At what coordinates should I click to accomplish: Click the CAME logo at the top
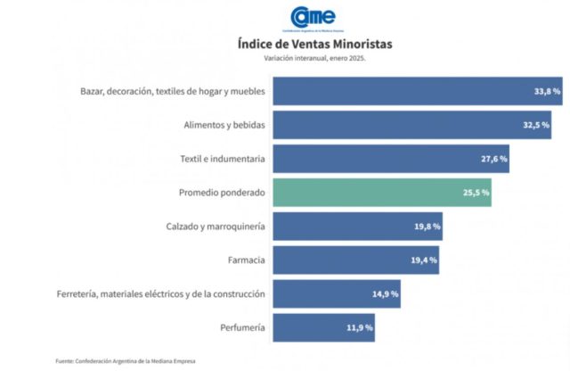pyautogui.click(x=313, y=17)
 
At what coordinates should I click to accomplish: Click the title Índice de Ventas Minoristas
pyautogui.click(x=314, y=43)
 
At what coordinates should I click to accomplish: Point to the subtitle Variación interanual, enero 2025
pyautogui.click(x=314, y=59)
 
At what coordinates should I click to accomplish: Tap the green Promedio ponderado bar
pyautogui.click(x=382, y=193)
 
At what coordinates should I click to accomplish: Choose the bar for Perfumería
pyautogui.click(x=324, y=327)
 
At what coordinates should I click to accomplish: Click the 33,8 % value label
pyautogui.click(x=547, y=92)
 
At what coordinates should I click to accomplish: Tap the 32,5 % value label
pyautogui.click(x=536, y=125)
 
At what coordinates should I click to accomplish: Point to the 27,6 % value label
pyautogui.click(x=493, y=159)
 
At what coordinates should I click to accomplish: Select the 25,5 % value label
pyautogui.click(x=476, y=193)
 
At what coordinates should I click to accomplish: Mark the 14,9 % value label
pyautogui.click(x=386, y=293)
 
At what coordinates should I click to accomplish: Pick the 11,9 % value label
pyautogui.click(x=360, y=327)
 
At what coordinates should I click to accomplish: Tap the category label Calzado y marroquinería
pyautogui.click(x=215, y=227)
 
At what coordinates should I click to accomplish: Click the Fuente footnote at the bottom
pyautogui.click(x=125, y=360)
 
